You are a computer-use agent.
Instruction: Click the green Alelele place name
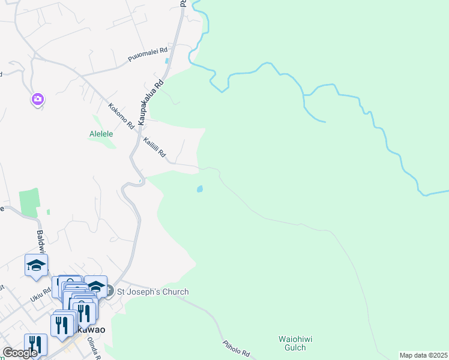[x=101, y=134]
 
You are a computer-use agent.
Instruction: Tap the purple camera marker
[x=37, y=99]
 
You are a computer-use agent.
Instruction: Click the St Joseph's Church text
[x=152, y=292]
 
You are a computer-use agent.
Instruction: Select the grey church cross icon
[x=109, y=292]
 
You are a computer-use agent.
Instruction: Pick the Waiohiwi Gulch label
[x=292, y=343]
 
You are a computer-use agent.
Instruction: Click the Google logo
[x=20, y=353]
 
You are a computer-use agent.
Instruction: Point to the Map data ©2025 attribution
[x=423, y=355]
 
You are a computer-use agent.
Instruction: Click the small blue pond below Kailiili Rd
[x=199, y=189]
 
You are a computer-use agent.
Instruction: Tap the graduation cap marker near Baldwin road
[x=36, y=265]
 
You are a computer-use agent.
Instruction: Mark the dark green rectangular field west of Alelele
[x=29, y=203]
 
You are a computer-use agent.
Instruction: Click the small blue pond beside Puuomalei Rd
[x=166, y=61]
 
